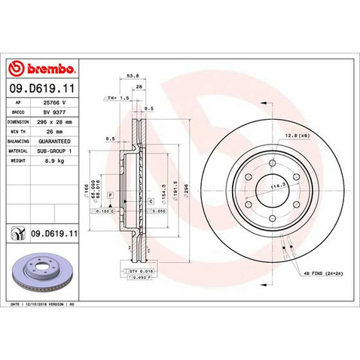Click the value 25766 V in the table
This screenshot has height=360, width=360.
click(54, 100)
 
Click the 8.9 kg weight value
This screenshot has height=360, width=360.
click(54, 160)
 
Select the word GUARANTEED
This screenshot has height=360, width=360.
click(54, 140)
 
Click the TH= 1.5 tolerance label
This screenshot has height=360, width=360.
click(119, 97)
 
